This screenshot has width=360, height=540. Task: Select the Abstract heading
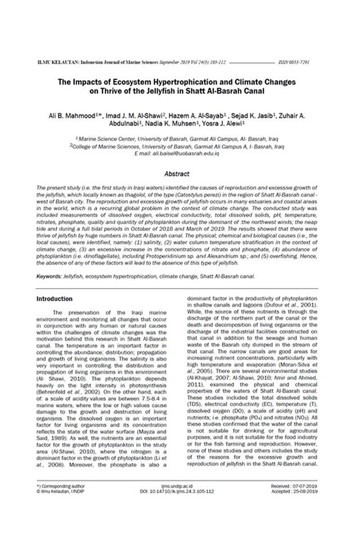point(179,174)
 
